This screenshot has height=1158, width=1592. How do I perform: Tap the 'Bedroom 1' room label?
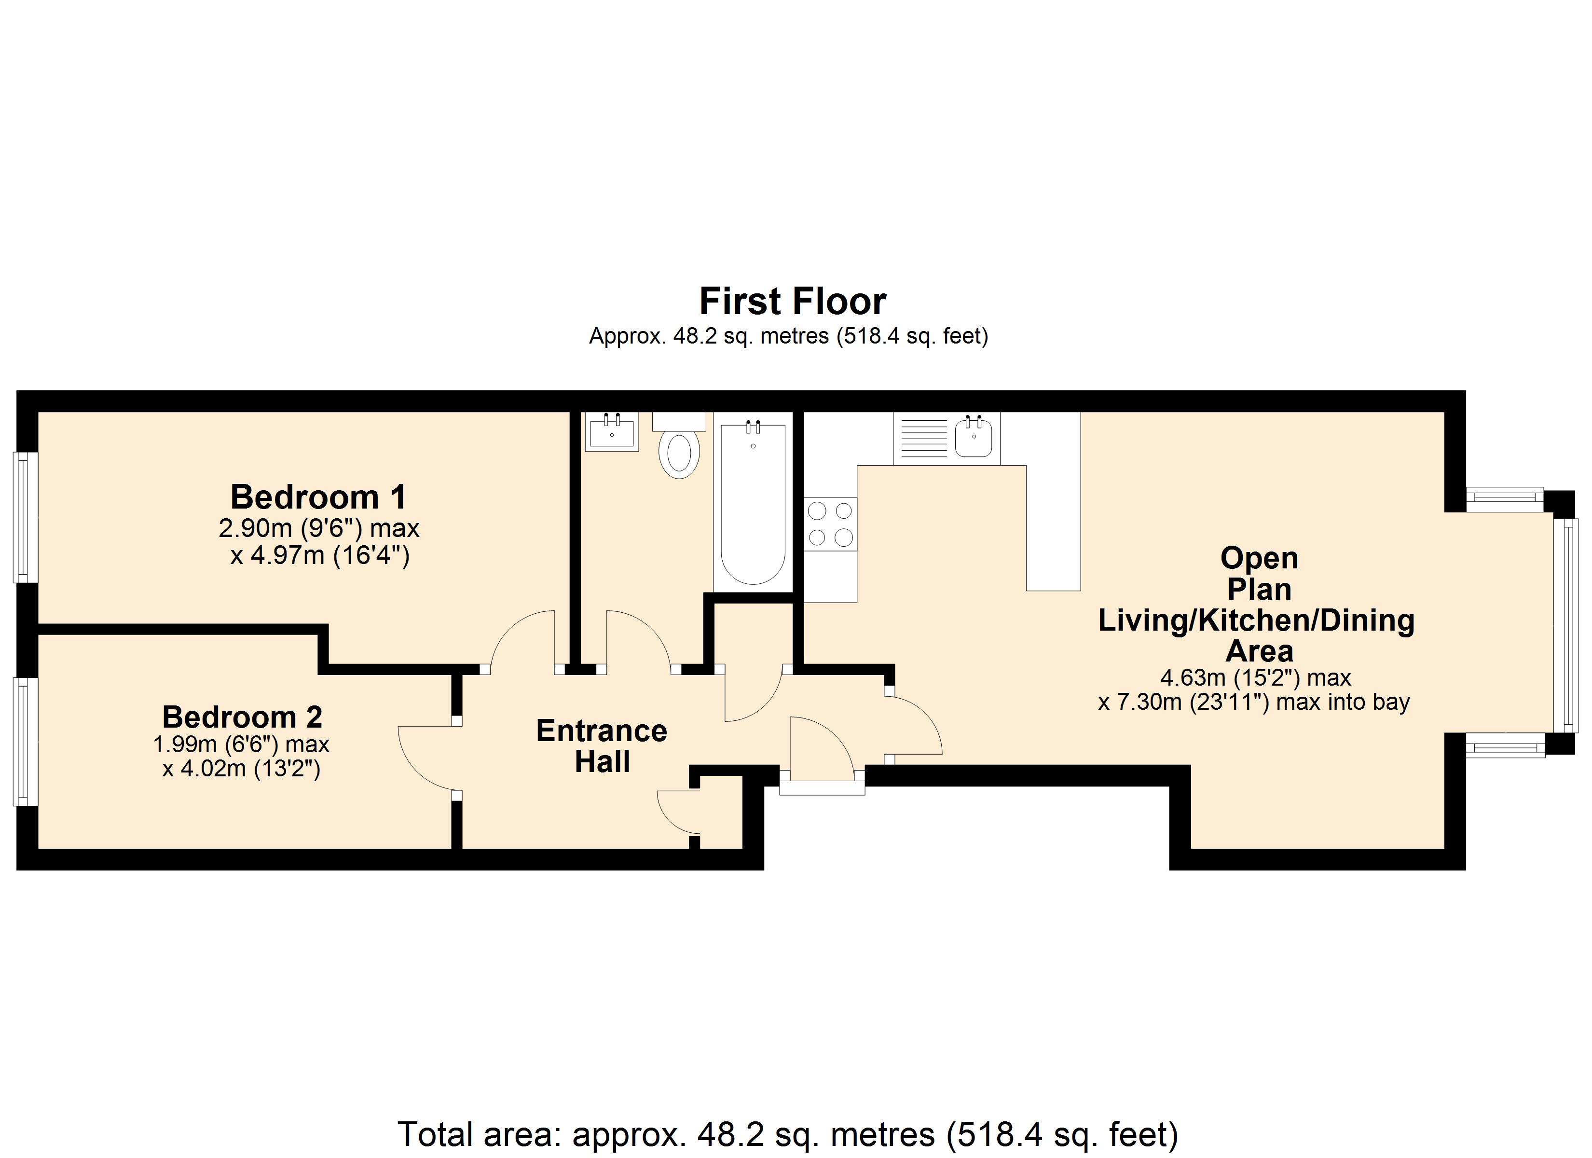(319, 497)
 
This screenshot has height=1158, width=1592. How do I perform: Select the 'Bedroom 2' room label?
(242, 717)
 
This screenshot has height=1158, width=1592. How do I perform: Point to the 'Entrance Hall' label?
(602, 746)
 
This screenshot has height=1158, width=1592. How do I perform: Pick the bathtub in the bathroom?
(753, 502)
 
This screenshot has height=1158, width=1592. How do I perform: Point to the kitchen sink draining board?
(924, 438)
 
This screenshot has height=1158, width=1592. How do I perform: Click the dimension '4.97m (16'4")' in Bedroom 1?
(320, 555)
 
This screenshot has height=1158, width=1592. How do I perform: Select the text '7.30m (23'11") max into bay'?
(1254, 702)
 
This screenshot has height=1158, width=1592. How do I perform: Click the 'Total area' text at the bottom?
(788, 1134)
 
